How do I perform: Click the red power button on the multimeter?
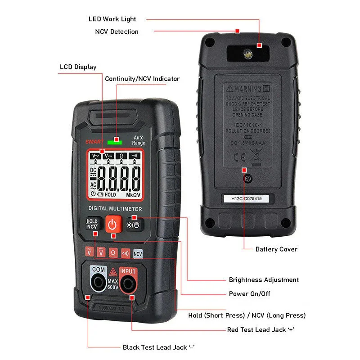[113, 224]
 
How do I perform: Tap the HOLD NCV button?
[92, 224]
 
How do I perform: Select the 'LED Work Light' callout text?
[112, 19]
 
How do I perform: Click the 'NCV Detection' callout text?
[117, 31]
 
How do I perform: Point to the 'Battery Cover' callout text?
[276, 249]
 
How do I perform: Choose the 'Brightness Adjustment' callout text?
[264, 279]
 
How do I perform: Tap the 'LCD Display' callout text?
[78, 67]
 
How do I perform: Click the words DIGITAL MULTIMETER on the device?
[115, 209]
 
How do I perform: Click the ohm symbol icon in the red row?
[113, 253]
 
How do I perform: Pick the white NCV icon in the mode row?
[138, 253]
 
